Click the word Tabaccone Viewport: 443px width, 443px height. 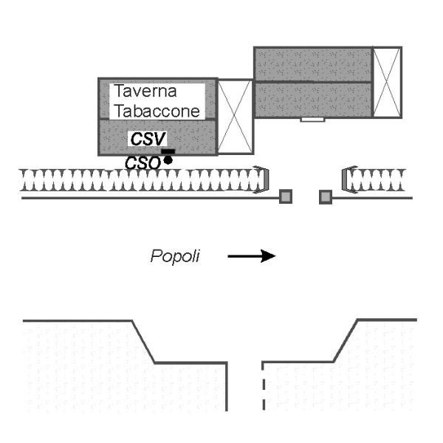(155, 111)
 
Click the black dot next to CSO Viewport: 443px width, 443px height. (168, 159)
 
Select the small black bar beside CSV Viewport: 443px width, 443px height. (168, 151)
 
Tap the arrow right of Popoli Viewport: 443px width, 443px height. (251, 255)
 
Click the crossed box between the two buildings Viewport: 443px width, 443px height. (236, 117)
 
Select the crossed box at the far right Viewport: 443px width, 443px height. (387, 81)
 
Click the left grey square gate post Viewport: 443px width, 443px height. (286, 196)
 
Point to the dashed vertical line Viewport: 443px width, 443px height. (263, 388)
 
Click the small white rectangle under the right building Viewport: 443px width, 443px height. (312, 119)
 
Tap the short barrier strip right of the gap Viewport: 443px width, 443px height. (373, 180)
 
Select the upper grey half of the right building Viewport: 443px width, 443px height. (312, 64)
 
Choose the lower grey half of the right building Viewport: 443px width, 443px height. (312, 99)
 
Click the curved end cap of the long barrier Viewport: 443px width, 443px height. (261, 180)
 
